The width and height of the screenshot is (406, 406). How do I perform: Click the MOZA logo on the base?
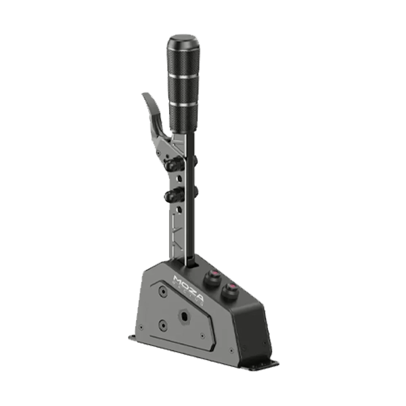[185, 280]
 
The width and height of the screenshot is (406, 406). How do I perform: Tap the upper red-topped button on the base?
[212, 275]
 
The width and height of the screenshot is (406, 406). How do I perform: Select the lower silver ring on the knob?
[184, 104]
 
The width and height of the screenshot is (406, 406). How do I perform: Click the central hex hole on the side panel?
[185, 315]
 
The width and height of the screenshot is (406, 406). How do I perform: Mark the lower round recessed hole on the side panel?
[162, 325]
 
